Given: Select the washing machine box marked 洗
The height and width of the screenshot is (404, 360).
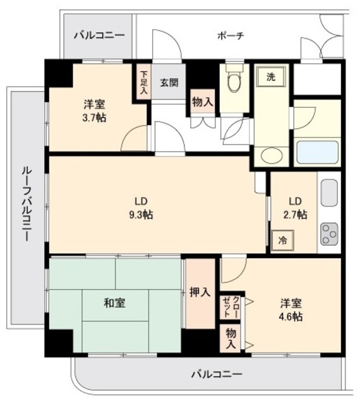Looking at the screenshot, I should pyautogui.click(x=270, y=78).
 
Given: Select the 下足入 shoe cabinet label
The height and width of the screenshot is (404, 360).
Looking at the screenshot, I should pyautogui.click(x=144, y=81).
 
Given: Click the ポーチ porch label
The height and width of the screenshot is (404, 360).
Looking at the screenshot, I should pyautogui.click(x=231, y=35).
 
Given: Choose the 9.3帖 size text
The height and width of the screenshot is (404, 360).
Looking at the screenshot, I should pyautogui.click(x=140, y=215).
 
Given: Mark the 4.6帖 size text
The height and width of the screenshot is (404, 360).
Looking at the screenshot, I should pyautogui.click(x=291, y=317).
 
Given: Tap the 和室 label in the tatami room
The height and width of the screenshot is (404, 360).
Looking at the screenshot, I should pyautogui.click(x=114, y=303).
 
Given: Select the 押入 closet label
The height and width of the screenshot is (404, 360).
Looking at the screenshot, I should pyautogui.click(x=200, y=293).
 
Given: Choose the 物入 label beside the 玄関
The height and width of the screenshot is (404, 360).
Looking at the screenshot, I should pyautogui.click(x=202, y=102).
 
